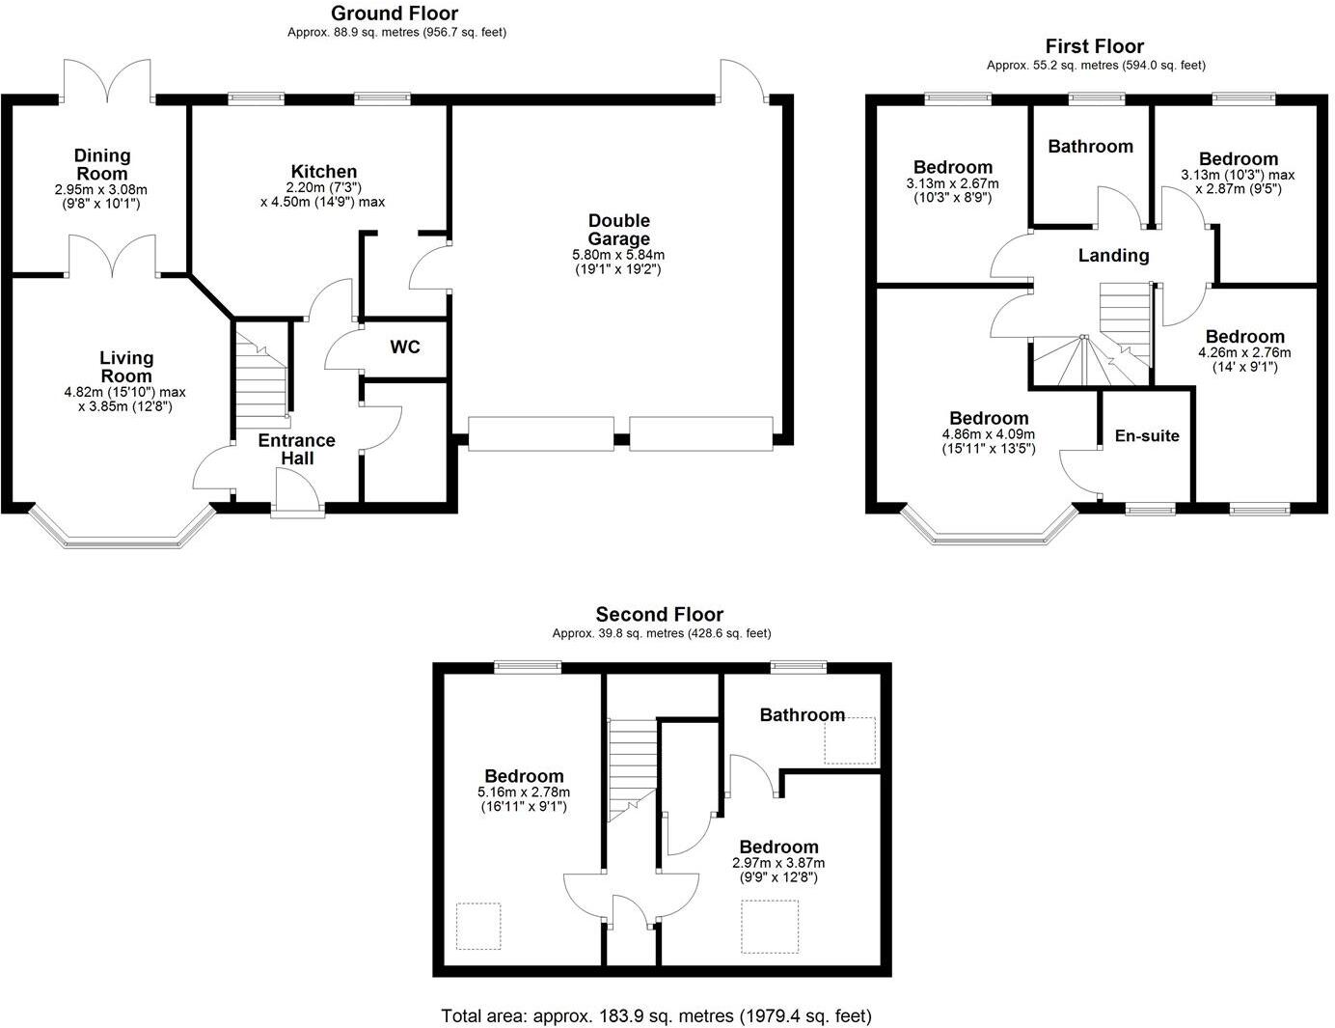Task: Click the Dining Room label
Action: pos(102,164)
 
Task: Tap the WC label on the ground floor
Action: pos(405,347)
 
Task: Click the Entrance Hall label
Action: pos(296,449)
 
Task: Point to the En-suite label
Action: pos(1147,435)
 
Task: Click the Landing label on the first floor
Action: pos(1113,256)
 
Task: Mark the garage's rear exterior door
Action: pos(743,80)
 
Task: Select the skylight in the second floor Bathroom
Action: pos(850,740)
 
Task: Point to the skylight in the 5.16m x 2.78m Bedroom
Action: pos(478,926)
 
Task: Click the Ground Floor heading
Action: pos(395,14)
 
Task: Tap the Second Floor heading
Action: pos(659,615)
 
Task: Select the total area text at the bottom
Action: pos(656,1015)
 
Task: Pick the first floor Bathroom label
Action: pos(1090,147)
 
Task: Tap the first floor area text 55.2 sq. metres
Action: pos(1096,66)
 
